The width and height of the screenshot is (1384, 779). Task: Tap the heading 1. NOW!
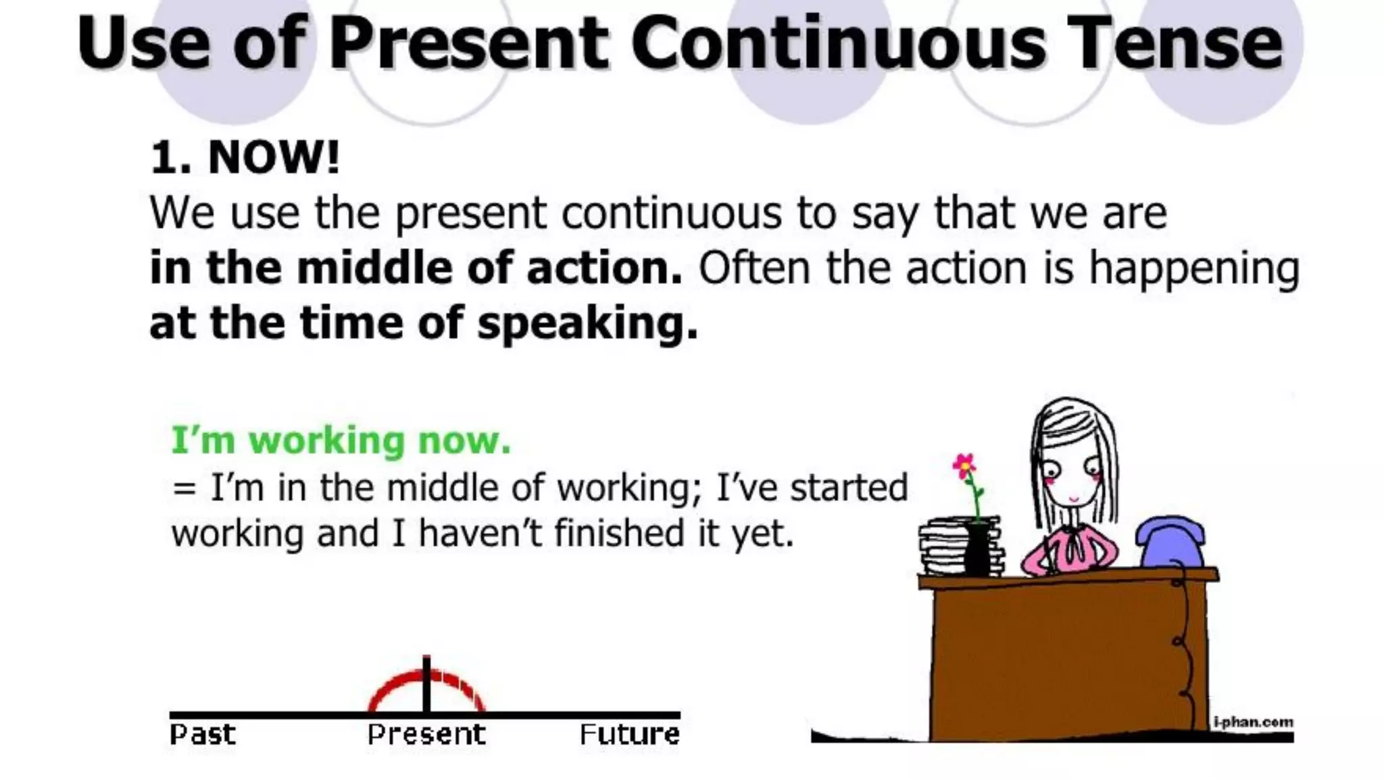(245, 157)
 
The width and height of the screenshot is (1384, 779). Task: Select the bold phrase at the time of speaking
(423, 323)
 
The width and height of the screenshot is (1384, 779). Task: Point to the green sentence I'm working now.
(341, 440)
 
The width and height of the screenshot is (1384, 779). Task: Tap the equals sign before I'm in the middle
(184, 488)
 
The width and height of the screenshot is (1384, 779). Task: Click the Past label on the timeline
(202, 734)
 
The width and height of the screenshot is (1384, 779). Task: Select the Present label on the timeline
(426, 734)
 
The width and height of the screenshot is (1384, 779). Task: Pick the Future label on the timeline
(629, 734)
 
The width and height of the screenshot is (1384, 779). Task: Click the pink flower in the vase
(964, 465)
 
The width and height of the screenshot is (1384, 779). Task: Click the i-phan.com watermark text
(1253, 722)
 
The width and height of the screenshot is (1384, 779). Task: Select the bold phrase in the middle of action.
(415, 268)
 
